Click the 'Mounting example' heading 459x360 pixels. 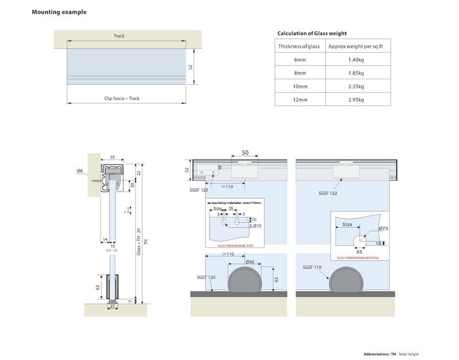tap(59, 12)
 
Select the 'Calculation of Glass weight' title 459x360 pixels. tap(312, 33)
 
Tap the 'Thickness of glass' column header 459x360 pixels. tap(299, 47)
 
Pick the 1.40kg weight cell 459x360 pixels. tap(356, 60)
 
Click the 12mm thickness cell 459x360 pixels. tap(299, 99)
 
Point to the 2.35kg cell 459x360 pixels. tap(356, 86)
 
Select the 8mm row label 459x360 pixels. tap(299, 73)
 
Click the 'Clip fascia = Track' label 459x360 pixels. tap(122, 98)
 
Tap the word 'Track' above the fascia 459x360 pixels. tap(119, 36)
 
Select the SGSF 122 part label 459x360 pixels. tap(328, 193)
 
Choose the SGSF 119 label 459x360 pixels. tap(312, 267)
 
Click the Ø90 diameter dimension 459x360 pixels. tap(250, 262)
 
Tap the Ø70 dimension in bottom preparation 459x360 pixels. tap(383, 229)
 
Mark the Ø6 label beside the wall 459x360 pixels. tap(79, 171)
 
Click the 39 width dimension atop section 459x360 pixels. tap(112, 157)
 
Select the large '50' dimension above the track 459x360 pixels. tap(244, 153)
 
